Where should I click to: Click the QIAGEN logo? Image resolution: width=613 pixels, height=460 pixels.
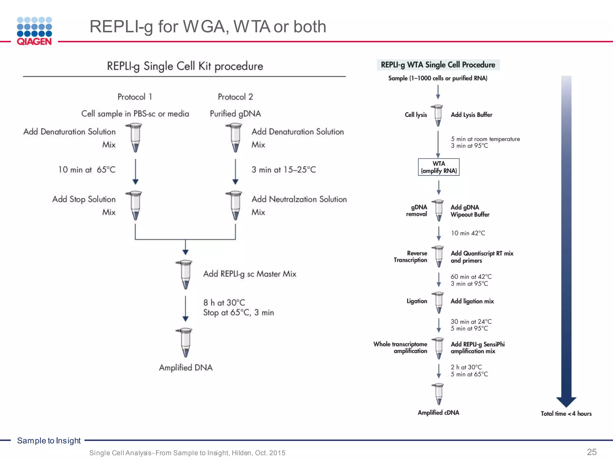point(34,31)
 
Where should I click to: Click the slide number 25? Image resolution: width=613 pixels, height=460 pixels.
point(592,452)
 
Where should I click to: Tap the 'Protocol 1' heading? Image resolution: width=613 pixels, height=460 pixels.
point(135,97)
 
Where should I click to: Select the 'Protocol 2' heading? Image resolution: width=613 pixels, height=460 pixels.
point(235,97)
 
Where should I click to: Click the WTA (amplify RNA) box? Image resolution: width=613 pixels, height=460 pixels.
point(438,167)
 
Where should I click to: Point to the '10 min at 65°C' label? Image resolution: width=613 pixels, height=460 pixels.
point(87,170)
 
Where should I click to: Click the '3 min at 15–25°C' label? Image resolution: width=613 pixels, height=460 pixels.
point(283,170)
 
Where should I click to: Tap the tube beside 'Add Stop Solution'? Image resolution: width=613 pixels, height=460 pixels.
point(135,205)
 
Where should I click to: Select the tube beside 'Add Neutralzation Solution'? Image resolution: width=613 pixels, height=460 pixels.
point(235,205)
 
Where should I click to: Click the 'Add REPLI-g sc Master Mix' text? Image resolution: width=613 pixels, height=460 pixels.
point(250,274)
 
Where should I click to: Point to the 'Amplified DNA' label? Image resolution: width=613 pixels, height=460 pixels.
point(186,367)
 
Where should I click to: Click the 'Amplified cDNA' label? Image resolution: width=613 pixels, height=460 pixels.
point(438,412)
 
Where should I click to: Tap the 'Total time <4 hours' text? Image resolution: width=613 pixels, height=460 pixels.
point(566,414)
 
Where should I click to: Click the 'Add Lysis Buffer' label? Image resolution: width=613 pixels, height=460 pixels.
point(471,115)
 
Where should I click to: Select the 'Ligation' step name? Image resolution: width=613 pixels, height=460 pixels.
point(417,301)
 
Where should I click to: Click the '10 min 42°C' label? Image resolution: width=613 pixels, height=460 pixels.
point(468,233)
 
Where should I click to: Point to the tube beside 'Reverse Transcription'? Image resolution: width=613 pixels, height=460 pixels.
point(439,256)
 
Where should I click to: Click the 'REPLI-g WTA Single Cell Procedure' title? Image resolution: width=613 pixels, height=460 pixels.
point(438,65)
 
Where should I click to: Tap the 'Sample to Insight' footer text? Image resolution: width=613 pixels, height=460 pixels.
point(49,441)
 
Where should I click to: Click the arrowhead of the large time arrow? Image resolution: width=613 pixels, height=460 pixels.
point(566,402)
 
